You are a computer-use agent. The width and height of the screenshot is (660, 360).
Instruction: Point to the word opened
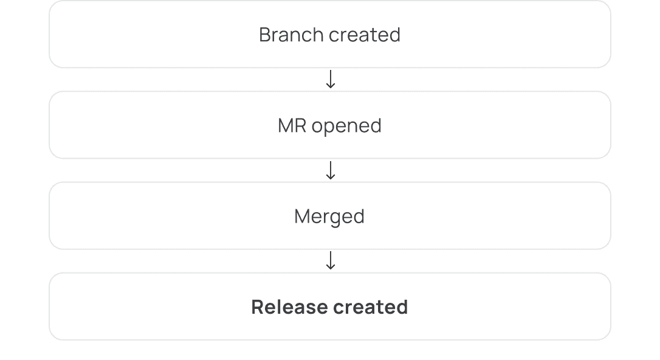tap(347, 126)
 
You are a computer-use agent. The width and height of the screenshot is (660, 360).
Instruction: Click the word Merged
tap(329, 217)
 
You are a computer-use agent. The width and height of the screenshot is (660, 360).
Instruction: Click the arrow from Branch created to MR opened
tap(331, 79)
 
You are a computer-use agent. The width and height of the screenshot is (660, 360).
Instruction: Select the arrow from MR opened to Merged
tap(331, 170)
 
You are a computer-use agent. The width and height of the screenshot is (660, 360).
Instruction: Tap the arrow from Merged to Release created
tap(331, 260)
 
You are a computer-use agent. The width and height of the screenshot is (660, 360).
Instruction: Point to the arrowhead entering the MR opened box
tap(331, 86)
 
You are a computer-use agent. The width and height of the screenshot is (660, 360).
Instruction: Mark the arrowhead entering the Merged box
tap(331, 178)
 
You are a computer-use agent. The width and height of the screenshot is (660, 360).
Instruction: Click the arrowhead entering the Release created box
tap(331, 268)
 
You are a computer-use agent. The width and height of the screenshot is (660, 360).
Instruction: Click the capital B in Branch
tap(264, 35)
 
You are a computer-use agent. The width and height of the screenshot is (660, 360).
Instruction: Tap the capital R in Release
tap(258, 307)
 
